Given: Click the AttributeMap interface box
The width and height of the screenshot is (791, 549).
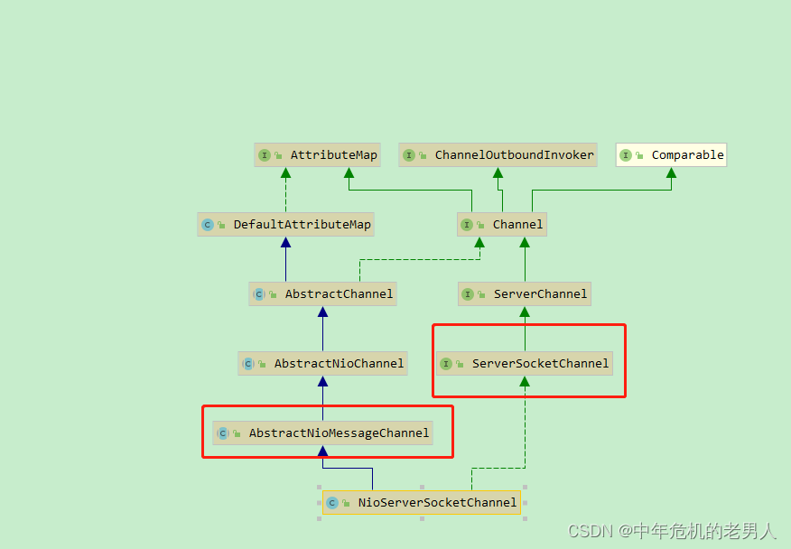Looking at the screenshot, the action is (317, 155).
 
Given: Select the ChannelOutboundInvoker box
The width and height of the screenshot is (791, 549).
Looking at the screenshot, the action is (498, 155).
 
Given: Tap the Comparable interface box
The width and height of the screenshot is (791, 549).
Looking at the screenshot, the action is (672, 155).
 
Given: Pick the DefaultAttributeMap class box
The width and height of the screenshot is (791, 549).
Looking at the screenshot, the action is (285, 225).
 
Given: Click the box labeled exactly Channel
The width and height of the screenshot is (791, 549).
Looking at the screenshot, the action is (502, 225).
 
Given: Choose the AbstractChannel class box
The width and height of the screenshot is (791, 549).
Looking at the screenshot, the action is (323, 294).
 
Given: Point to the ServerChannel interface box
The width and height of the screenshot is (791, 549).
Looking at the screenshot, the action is (525, 294).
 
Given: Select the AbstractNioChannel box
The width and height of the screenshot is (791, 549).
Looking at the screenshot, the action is (323, 363).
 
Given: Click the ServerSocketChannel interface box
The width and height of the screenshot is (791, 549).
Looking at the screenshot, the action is (525, 363).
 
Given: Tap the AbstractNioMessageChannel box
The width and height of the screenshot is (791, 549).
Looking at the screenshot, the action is (323, 433).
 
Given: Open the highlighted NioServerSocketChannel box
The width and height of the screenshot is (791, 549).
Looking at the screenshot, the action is (422, 503).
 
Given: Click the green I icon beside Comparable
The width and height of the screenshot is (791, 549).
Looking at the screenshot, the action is (626, 155).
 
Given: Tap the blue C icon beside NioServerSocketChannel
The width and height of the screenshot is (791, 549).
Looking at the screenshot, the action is (332, 503).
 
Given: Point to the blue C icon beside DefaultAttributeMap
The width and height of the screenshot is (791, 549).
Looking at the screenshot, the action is (208, 225).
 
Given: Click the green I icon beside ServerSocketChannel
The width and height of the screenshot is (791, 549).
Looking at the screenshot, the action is (446, 364).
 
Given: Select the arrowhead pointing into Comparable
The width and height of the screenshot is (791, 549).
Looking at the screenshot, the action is (672, 172).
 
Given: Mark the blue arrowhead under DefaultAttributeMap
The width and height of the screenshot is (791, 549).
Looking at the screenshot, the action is (285, 242).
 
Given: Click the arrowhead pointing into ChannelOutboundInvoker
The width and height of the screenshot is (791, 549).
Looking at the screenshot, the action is (498, 172).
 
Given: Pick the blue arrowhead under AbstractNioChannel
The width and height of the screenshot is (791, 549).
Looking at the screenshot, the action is (323, 381).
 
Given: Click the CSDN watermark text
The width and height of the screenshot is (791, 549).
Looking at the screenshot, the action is (672, 531).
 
